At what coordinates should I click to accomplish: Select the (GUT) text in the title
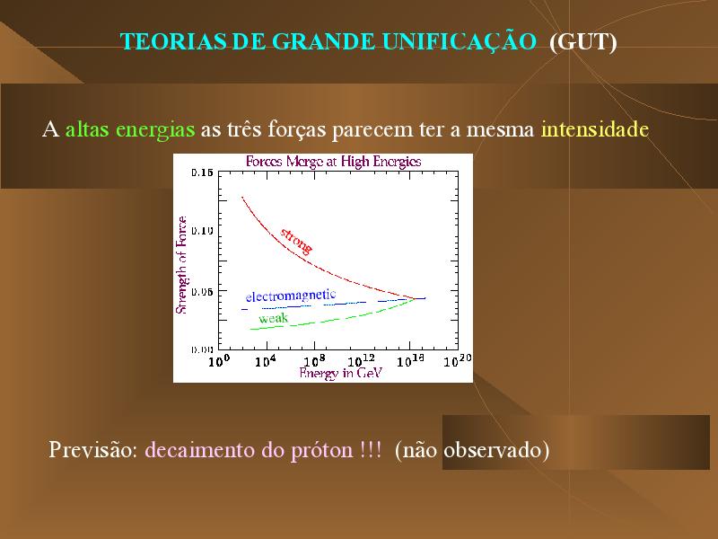click(582, 42)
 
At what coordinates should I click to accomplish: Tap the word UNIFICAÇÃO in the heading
click(459, 40)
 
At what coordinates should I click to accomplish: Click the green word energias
click(155, 130)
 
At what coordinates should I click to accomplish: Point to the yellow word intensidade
click(595, 128)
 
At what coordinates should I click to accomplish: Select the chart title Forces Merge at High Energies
click(333, 162)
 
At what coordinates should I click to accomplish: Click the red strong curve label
click(297, 241)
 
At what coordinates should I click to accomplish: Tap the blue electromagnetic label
click(291, 296)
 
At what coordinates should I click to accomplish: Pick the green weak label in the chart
click(274, 318)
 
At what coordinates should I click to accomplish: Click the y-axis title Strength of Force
click(181, 265)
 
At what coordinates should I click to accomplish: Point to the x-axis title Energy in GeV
click(340, 373)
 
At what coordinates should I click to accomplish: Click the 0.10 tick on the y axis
click(203, 231)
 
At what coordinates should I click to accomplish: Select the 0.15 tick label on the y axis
click(203, 172)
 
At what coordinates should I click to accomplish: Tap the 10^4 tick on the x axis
click(266, 361)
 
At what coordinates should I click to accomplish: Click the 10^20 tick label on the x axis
click(458, 361)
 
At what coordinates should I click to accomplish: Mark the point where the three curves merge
click(416, 299)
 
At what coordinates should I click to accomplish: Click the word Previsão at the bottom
click(93, 450)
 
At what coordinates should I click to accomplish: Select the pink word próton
click(322, 450)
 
